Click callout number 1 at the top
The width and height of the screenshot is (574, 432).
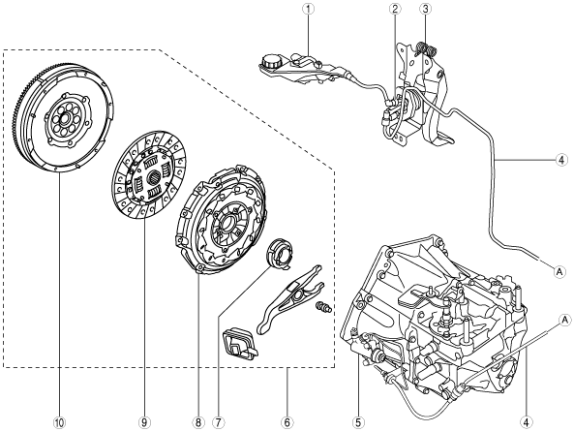308,9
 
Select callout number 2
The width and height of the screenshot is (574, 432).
395,9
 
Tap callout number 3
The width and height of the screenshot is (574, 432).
425,9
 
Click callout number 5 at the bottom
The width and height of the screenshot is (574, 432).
357,422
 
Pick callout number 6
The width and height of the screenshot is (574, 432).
287,422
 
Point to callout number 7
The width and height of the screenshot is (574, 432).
219,422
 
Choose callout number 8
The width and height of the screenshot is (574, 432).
197,422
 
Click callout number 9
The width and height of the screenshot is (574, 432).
144,422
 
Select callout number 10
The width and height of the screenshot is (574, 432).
59,422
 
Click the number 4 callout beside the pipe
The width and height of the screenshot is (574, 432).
561,160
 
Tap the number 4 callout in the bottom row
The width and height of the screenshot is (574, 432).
526,422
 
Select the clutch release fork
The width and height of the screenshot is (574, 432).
290,299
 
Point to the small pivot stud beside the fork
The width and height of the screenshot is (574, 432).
323,307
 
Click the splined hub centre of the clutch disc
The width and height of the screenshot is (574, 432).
152,178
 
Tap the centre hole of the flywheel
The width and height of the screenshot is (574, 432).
65,118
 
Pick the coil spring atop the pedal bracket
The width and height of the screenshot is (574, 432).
427,48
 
